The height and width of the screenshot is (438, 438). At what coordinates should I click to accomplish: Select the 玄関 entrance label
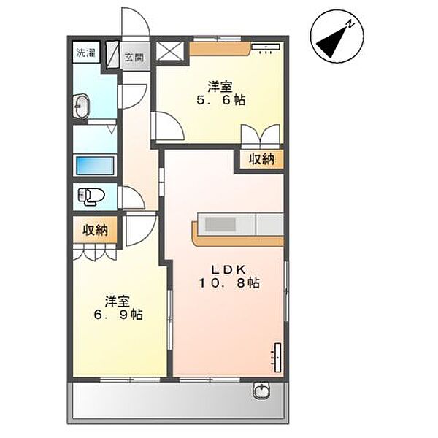133,58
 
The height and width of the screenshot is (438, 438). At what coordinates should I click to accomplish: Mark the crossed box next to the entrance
172,51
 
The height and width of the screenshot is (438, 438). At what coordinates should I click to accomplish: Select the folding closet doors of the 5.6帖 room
260,135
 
